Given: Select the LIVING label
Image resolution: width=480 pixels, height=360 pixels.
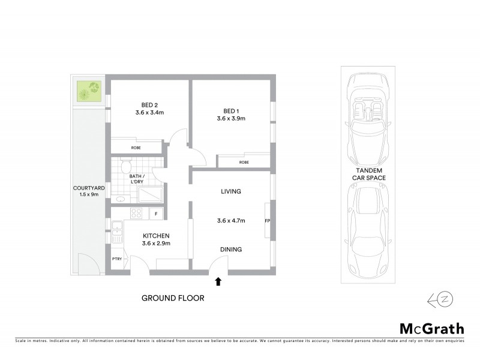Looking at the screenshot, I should coord(230,192).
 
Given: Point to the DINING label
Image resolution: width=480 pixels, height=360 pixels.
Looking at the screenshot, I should coord(231,250).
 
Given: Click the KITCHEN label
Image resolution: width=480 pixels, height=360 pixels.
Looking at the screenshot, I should coord(156,236).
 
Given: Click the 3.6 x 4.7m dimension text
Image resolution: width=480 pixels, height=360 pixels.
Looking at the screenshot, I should coord(231,220).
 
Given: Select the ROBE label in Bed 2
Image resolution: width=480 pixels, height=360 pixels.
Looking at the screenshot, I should coord(136,147).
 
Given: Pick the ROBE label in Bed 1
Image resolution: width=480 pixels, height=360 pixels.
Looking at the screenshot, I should coord(244,162).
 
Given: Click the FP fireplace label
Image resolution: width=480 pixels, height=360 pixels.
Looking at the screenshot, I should coord(268,221).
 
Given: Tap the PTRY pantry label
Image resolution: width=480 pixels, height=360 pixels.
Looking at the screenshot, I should coord(117,259).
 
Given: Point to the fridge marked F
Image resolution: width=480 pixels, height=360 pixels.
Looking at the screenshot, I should coord(156,214).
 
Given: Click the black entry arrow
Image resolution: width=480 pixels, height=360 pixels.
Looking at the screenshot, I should coord(218,280).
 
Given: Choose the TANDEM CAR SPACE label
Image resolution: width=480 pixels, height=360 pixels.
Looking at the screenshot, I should coord(368,174).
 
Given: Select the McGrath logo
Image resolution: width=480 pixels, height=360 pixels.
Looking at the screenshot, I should coord(431,328).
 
